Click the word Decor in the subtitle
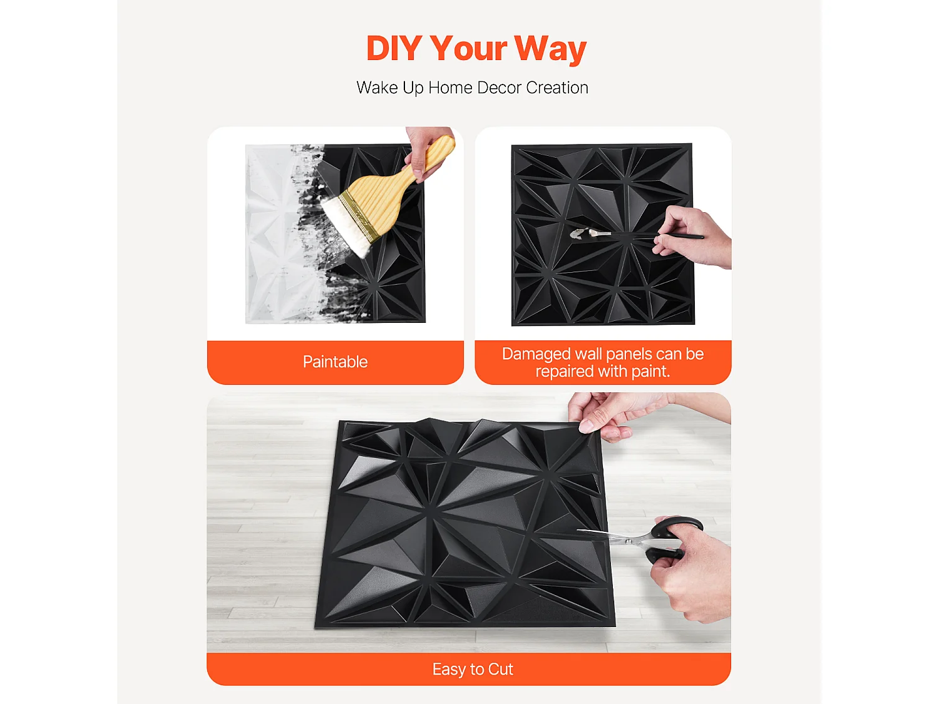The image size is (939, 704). (x=499, y=88)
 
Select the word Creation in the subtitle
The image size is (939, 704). (x=557, y=88)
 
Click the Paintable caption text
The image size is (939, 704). (x=335, y=362)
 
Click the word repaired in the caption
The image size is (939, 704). (x=564, y=372)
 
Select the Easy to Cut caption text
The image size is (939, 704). (x=472, y=669)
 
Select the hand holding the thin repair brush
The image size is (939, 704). (x=692, y=238)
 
